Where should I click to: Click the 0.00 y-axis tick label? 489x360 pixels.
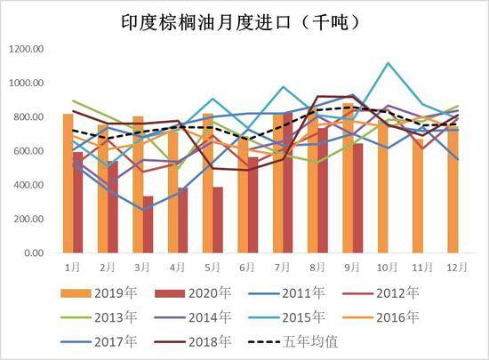point(31,253)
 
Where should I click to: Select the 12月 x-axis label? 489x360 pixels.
point(453,266)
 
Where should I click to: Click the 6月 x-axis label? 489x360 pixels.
point(245,266)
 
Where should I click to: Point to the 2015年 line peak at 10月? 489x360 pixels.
point(388,63)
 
